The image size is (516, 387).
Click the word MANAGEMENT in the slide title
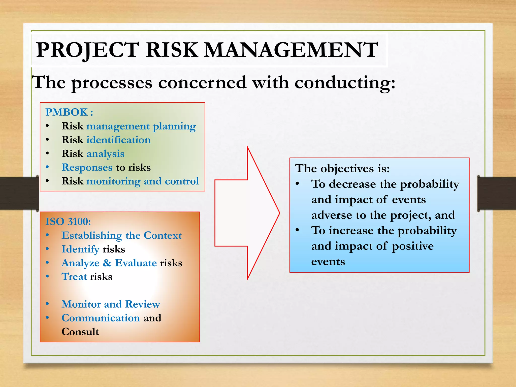coord(291,50)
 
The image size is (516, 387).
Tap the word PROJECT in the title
coord(87,50)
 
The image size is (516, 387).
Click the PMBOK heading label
coord(67,112)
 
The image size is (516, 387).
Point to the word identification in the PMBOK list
coord(118,140)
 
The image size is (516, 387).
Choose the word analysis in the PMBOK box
coord(105,154)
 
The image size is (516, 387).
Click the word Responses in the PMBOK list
coord(87,168)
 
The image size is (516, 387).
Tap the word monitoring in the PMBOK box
coord(113,181)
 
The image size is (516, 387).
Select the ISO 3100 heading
coord(68,221)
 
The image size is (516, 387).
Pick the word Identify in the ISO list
coord(80,249)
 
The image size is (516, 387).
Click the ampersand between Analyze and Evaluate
coord(107,263)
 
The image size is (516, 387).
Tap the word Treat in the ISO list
coord(74,277)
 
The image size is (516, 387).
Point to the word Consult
coord(80,332)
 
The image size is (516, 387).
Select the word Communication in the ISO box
coord(101,318)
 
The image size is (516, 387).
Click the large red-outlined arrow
coord(247,213)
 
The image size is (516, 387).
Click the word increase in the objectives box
coord(351,231)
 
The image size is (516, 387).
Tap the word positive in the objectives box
coord(413,246)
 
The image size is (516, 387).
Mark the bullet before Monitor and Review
coord(47,304)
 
